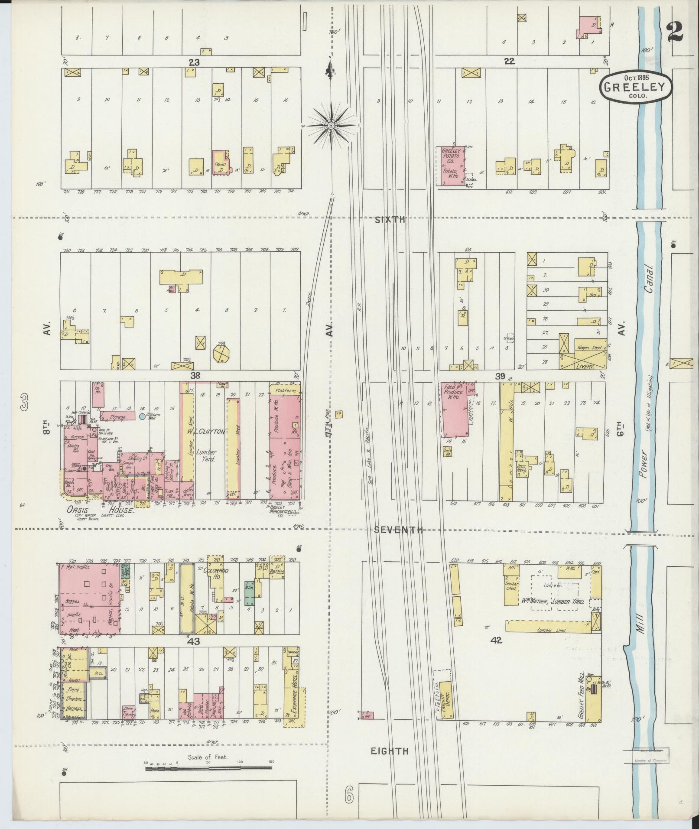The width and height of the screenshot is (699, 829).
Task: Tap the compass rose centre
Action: tap(332, 126)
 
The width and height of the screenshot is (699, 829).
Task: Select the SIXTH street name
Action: tap(390, 220)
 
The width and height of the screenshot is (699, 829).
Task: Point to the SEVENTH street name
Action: tap(398, 530)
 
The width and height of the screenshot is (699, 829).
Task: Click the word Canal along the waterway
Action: tap(650, 278)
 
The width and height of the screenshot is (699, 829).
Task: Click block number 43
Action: tap(193, 642)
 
